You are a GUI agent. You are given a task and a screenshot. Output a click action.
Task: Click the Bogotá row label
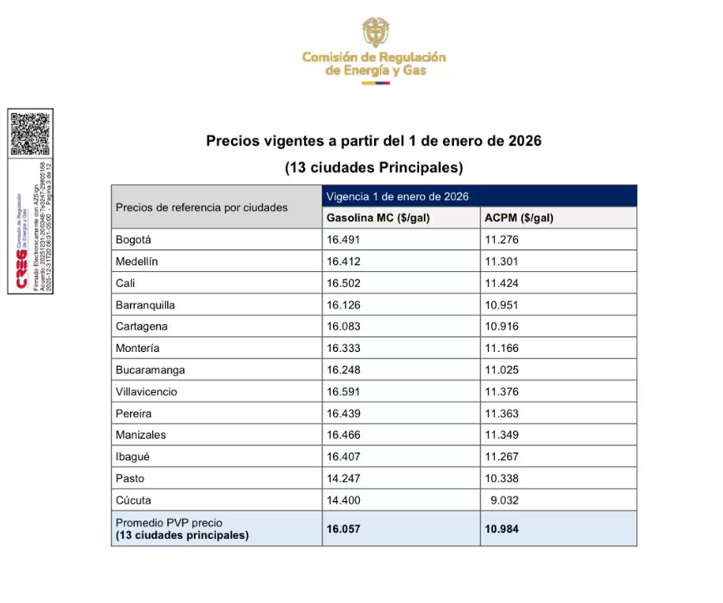[133, 240]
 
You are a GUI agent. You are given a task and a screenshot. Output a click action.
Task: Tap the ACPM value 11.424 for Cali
[501, 284]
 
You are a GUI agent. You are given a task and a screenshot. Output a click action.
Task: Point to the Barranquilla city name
[145, 305]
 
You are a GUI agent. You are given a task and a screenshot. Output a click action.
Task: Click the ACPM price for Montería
[501, 349]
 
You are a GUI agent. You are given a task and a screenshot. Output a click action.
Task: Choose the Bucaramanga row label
[150, 370]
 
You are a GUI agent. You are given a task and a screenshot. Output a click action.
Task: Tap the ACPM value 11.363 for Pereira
[501, 414]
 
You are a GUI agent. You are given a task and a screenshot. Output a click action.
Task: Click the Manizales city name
[141, 435]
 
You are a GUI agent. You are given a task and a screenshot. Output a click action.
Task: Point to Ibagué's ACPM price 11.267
[501, 457]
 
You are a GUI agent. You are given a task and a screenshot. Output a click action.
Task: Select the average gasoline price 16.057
[342, 529]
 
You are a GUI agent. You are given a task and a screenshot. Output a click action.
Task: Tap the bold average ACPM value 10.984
[501, 529]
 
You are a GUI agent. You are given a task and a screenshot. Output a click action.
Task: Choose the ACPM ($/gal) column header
[519, 219]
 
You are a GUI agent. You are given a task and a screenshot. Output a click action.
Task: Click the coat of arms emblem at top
[376, 33]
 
